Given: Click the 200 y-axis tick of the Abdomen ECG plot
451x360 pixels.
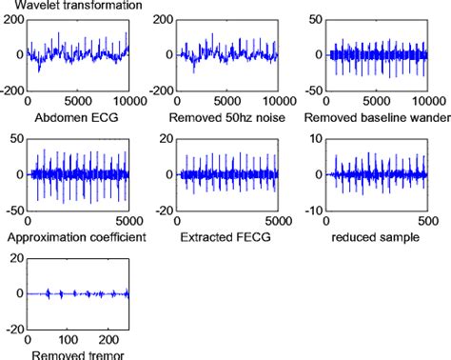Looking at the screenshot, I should (x=14, y=19).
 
